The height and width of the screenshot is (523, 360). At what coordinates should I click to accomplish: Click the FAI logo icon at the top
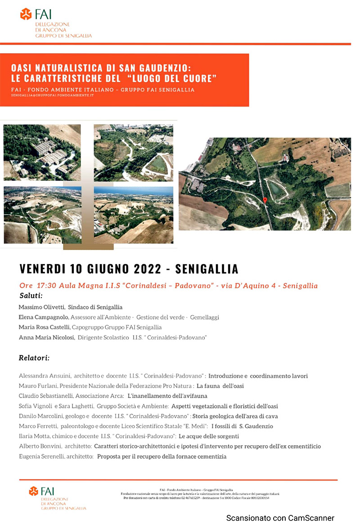click(x=26, y=14)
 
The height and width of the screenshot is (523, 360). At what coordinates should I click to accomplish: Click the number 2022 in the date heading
click(x=147, y=269)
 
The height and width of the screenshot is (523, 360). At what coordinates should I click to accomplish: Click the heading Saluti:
click(x=31, y=296)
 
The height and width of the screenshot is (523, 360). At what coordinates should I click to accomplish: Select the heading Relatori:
click(x=34, y=358)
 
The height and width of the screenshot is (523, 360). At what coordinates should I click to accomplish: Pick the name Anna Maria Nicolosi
click(x=47, y=337)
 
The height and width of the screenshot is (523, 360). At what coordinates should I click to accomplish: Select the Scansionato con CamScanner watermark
click(x=280, y=518)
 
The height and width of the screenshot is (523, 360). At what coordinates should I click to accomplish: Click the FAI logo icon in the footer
click(x=34, y=491)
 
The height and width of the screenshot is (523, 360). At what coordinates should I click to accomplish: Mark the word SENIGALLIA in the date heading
click(x=207, y=269)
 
